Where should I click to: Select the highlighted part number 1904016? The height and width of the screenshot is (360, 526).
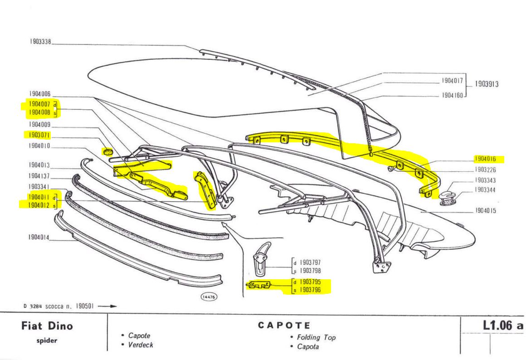(x=485, y=159)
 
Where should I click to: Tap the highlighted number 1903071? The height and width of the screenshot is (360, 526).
(x=40, y=135)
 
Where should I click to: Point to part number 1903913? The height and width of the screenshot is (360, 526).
(x=487, y=84)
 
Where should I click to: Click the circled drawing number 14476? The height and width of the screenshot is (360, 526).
(x=209, y=297)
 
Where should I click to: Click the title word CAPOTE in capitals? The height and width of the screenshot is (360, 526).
(x=284, y=326)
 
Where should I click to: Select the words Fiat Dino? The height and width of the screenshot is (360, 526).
(x=47, y=326)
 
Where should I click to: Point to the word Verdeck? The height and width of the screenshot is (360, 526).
(x=141, y=345)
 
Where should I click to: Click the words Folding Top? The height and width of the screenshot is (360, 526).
(x=316, y=337)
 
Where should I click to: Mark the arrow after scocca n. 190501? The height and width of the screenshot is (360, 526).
(x=107, y=306)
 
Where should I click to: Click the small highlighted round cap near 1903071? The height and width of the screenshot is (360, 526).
(x=108, y=151)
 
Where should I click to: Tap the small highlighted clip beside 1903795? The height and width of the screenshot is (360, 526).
(x=258, y=285)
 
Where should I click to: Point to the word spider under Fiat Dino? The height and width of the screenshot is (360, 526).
(x=47, y=341)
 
